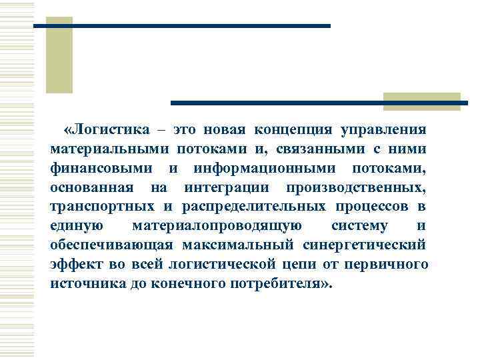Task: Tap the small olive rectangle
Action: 421,101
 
